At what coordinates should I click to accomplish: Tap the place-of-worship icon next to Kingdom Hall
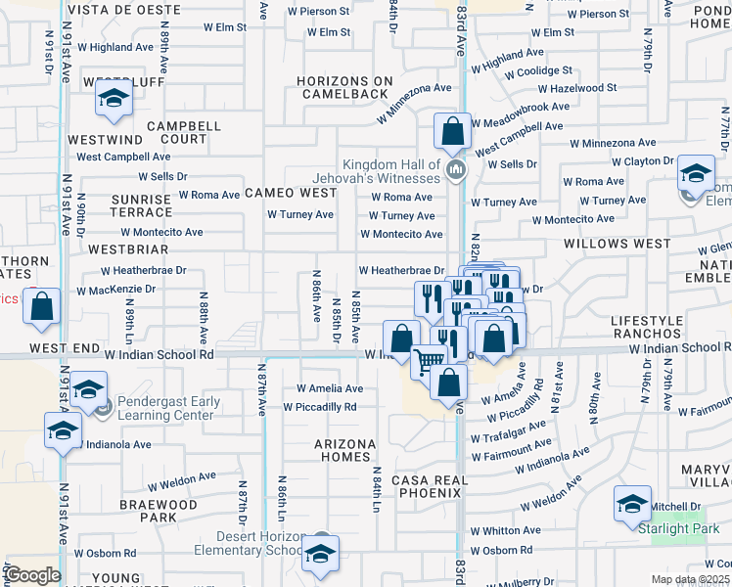[x=454, y=172]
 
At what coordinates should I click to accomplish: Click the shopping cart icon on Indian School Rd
[x=427, y=361]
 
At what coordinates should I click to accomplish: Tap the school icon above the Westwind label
[x=114, y=100]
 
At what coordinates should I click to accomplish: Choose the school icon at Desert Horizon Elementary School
[x=319, y=554]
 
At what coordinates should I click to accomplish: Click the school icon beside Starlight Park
[x=632, y=505]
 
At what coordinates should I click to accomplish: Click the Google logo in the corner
[x=32, y=575]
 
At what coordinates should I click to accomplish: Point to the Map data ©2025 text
[x=690, y=579]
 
